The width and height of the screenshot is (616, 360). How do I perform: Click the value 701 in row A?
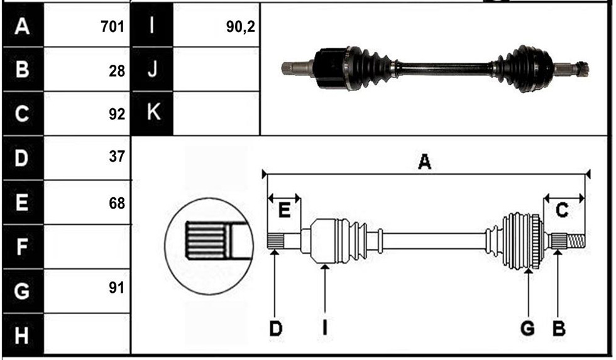pyautogui.click(x=113, y=26)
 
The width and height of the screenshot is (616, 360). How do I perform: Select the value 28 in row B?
pyautogui.click(x=117, y=71)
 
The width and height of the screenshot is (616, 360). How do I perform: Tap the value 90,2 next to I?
pyautogui.click(x=240, y=26)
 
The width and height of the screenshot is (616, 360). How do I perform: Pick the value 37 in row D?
pyautogui.click(x=117, y=156)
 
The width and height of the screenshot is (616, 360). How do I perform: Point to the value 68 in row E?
pyautogui.click(x=117, y=203)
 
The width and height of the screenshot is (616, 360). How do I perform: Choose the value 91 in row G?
pyautogui.click(x=117, y=288)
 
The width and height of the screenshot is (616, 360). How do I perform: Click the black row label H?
pyautogui.click(x=23, y=335)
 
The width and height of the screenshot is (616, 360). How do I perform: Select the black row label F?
pyautogui.click(x=23, y=247)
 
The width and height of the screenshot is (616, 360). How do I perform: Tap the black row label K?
pyautogui.click(x=152, y=112)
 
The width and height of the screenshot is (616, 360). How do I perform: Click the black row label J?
pyautogui.click(x=152, y=69)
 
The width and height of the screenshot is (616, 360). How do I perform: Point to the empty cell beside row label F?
pyautogui.click(x=87, y=247)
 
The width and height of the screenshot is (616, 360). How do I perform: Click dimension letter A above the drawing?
pyautogui.click(x=424, y=161)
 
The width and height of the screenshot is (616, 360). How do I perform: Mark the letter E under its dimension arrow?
pyautogui.click(x=284, y=210)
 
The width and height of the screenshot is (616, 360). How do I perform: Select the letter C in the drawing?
pyautogui.click(x=562, y=210)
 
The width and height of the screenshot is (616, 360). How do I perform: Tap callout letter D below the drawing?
pyautogui.click(x=275, y=328)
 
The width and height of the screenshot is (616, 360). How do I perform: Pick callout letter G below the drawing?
pyautogui.click(x=527, y=328)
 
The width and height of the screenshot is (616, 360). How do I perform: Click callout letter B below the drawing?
pyautogui.click(x=559, y=328)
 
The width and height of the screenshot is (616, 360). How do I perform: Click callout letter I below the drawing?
pyautogui.click(x=325, y=328)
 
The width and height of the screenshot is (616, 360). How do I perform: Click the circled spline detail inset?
pyautogui.click(x=209, y=246)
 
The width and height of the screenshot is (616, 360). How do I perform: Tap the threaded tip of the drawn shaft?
pyautogui.click(x=576, y=241)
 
